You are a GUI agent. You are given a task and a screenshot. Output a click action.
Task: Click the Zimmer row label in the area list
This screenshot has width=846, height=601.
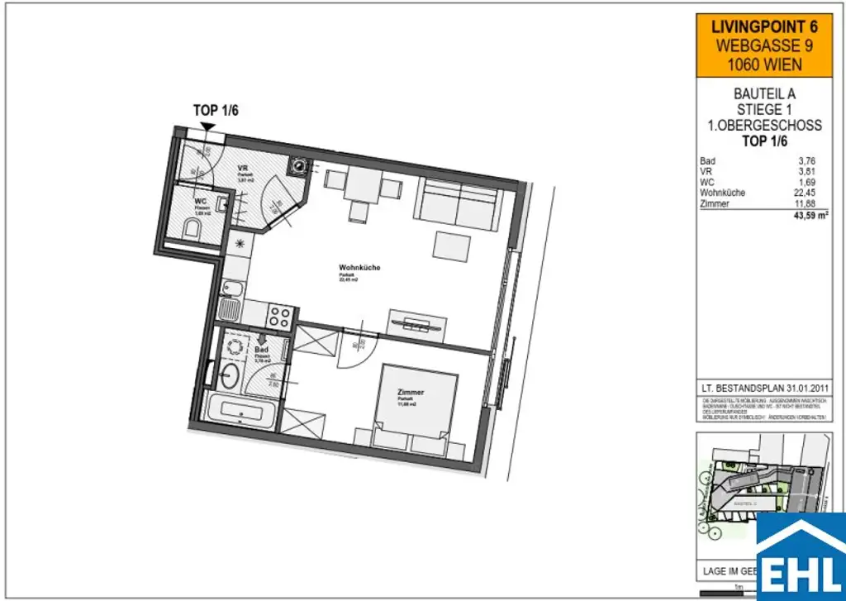[x=713, y=203]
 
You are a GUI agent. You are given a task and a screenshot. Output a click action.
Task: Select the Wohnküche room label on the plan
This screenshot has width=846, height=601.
[x=359, y=268]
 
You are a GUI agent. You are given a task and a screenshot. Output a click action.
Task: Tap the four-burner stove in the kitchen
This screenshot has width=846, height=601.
[x=281, y=314]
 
